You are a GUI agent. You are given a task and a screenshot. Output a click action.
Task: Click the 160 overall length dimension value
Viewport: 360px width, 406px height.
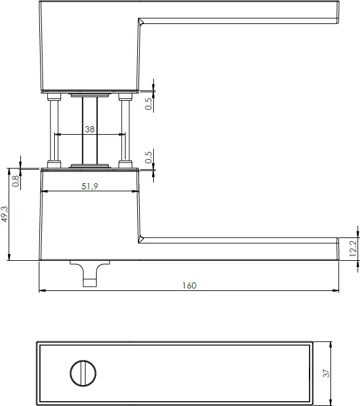[189, 285]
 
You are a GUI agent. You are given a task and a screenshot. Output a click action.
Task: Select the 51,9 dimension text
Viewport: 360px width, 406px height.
[90, 186]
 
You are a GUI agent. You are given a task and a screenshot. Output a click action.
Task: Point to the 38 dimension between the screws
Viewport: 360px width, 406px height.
[90, 130]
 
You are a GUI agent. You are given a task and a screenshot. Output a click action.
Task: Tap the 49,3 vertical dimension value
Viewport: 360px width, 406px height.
[5, 215]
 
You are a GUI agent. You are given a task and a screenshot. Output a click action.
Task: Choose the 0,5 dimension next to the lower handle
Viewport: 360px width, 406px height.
[148, 157]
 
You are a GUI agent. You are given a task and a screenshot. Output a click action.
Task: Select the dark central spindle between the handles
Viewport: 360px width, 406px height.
[90, 130]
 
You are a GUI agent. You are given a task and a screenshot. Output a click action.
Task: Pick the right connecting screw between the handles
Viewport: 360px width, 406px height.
[126, 130]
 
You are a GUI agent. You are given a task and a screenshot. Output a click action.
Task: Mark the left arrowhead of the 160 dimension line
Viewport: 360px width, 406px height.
[41, 290]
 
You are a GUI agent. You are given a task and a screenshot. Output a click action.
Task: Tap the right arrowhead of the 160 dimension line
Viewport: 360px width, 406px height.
[337, 290]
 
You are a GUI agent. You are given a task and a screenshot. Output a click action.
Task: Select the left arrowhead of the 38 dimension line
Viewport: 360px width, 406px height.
[57, 135]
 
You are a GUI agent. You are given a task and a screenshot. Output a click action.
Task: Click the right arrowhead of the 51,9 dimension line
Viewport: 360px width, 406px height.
[136, 192]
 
